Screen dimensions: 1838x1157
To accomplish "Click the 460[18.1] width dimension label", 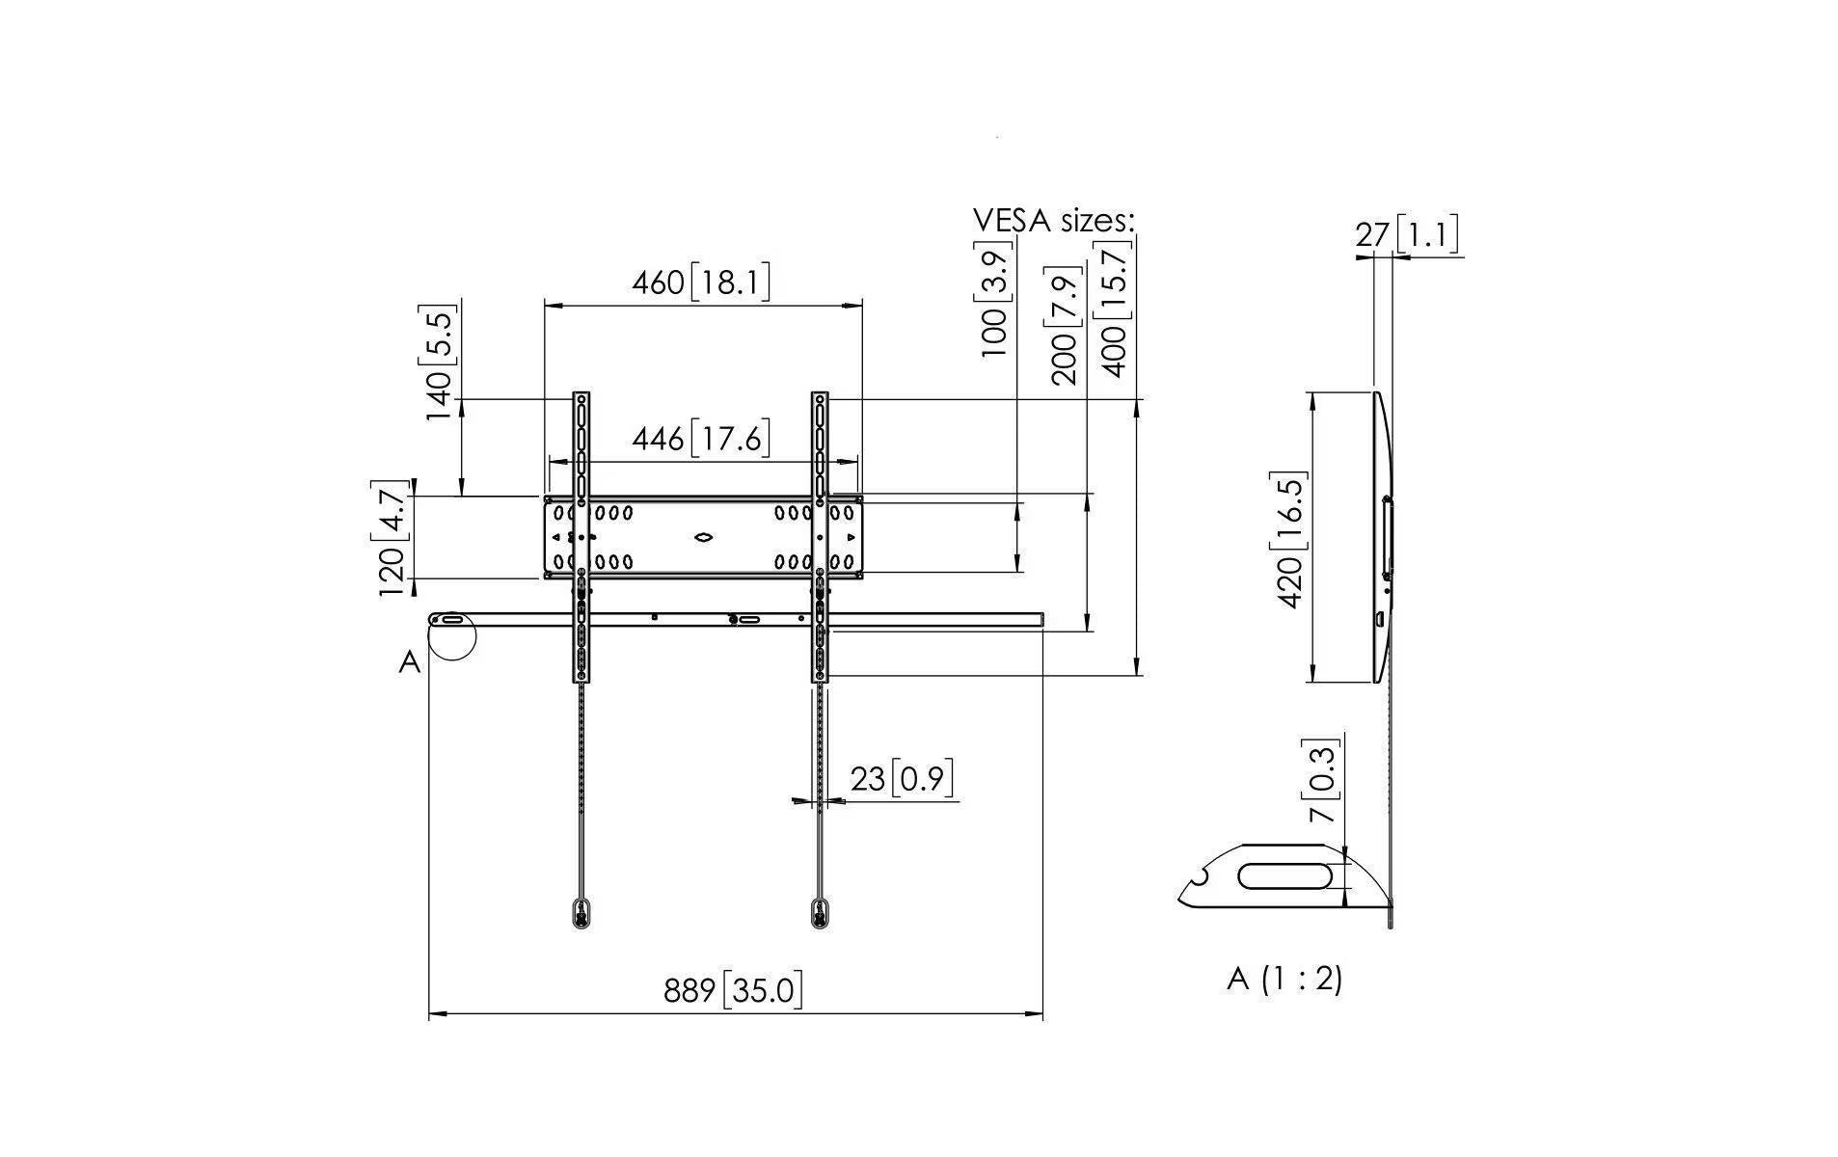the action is pos(701,283).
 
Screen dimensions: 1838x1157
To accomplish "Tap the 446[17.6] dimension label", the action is pos(701,439).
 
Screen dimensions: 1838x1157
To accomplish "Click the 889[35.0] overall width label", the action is pos(733,989).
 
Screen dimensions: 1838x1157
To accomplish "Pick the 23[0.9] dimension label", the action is pos(902,777).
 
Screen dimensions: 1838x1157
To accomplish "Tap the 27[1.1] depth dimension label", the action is pos(1407,234).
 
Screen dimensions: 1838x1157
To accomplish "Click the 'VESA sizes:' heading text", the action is pos(1054,221).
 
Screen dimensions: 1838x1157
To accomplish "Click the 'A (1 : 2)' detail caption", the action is pos(1284,979).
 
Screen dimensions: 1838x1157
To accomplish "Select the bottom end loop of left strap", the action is pos(581,913).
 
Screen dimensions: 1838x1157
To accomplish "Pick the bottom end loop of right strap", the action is pos(819,913).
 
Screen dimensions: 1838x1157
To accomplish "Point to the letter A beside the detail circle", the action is pos(410,662).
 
